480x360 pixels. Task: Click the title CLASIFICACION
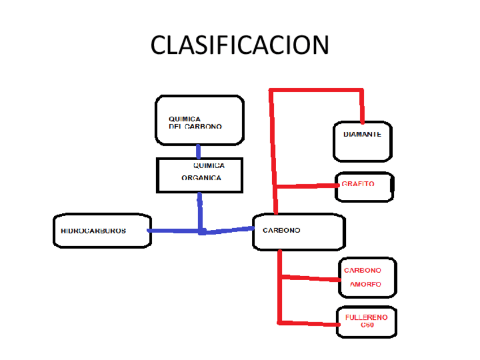pyautogui.click(x=239, y=45)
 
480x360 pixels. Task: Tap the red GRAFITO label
pyautogui.click(x=358, y=184)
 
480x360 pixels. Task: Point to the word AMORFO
pyautogui.click(x=365, y=284)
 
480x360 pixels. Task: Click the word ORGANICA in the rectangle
pyautogui.click(x=201, y=178)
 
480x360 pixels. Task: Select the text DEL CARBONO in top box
pyautogui.click(x=195, y=127)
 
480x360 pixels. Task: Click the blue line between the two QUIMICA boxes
pyautogui.click(x=199, y=151)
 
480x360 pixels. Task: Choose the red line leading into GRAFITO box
pyautogui.click(x=306, y=186)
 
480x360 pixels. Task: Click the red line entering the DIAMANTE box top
pyautogui.click(x=362, y=108)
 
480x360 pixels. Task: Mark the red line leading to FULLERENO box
pyautogui.click(x=308, y=324)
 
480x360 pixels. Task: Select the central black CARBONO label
pyautogui.click(x=281, y=230)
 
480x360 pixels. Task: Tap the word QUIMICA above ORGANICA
pyautogui.click(x=209, y=166)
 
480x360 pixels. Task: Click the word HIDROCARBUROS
pyautogui.click(x=93, y=231)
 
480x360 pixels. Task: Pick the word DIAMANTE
pyautogui.click(x=362, y=135)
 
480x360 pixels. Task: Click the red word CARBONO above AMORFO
pyautogui.click(x=362, y=271)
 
